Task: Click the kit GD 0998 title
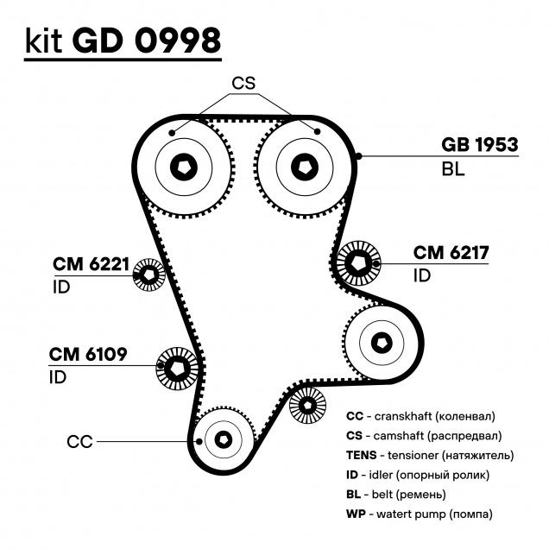coord(123,41)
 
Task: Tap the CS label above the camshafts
coord(243,83)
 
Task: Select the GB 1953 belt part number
coord(479,145)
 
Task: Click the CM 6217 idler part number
coord(451,252)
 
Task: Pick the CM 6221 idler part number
coord(91,264)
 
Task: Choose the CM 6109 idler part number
coord(88,354)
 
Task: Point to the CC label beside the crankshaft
coord(79,442)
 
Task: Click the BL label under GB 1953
coord(453,169)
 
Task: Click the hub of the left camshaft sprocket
coord(184,167)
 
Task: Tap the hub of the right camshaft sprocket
coord(305,167)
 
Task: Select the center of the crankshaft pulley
coord(224,439)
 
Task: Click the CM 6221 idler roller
coord(149,274)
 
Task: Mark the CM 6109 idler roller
coord(177,368)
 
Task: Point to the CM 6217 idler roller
coord(358,263)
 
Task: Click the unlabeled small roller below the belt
coord(307,405)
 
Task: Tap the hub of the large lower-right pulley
coord(382,343)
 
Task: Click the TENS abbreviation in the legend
coord(362,455)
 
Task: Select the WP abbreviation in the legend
coord(356,514)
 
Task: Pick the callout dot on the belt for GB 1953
coord(358,156)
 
